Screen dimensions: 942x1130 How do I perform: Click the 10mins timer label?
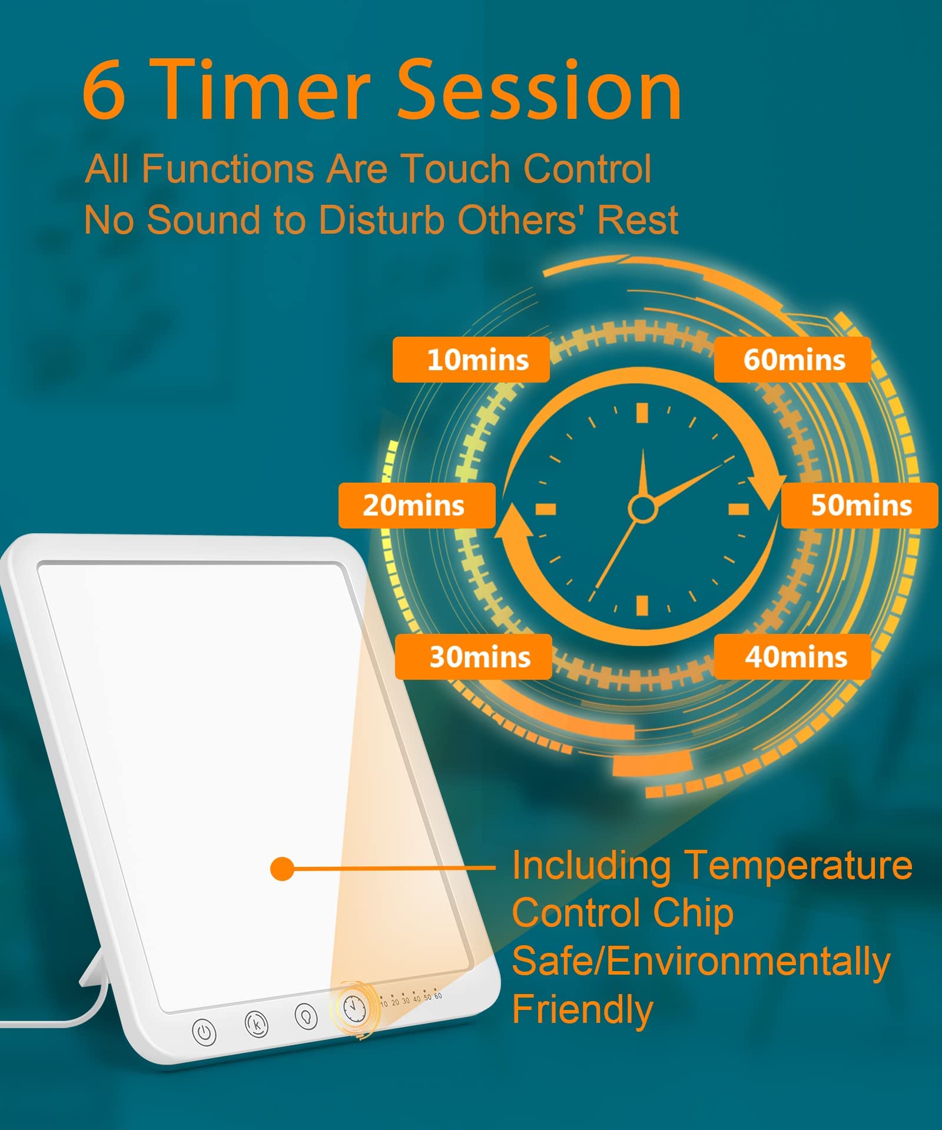pyautogui.click(x=471, y=360)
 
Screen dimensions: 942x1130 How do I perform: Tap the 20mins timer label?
pyautogui.click(x=417, y=506)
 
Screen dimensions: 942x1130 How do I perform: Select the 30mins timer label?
pyautogui.click(x=473, y=657)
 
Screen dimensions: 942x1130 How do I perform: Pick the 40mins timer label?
pyautogui.click(x=792, y=657)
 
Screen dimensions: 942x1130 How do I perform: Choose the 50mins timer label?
pyautogui.click(x=860, y=506)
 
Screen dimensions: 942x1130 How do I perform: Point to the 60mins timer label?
pyautogui.click(x=792, y=360)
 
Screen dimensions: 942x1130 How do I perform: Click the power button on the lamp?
pyautogui.click(x=204, y=1032)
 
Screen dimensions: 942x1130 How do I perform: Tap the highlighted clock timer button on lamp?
pyautogui.click(x=354, y=1009)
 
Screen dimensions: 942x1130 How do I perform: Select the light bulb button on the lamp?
pyautogui.click(x=306, y=1016)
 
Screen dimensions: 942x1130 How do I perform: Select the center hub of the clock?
pyautogui.click(x=642, y=508)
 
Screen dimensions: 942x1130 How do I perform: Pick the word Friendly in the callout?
pyautogui.click(x=582, y=1010)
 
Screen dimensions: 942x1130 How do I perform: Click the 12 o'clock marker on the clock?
pyautogui.click(x=642, y=413)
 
